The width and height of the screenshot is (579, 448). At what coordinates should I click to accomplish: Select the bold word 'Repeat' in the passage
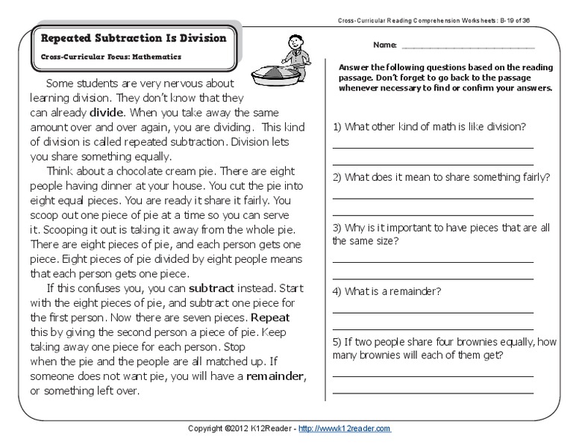[x=270, y=317]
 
